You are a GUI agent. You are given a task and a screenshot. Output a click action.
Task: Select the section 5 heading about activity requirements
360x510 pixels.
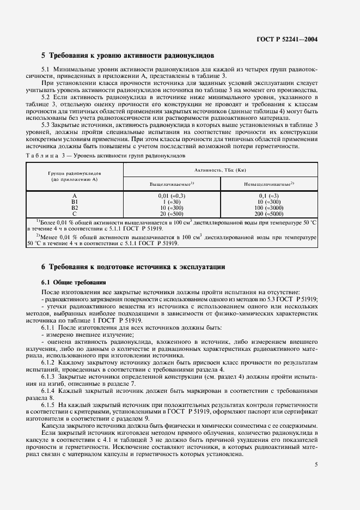point(128,56)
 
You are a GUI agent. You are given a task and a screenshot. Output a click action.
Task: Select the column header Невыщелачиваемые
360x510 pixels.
point(269,184)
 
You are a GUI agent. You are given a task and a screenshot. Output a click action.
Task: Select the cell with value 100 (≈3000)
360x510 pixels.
point(269,208)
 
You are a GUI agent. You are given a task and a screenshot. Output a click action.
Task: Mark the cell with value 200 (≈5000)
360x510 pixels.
point(269,214)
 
